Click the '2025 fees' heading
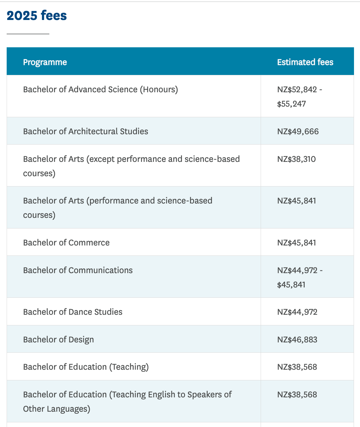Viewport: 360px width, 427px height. tap(37, 16)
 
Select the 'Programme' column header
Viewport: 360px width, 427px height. tap(45, 62)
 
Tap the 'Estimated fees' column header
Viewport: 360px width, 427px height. tap(305, 62)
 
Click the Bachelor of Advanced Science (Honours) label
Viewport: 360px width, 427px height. tap(100, 90)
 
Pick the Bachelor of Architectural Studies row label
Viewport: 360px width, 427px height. tap(86, 132)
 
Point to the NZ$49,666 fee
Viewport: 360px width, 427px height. tap(298, 132)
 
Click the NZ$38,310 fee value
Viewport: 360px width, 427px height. tap(296, 159)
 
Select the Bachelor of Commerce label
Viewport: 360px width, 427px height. tap(66, 243)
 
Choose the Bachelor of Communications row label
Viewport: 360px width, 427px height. tap(78, 270)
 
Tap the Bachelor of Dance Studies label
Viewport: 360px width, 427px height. tap(73, 312)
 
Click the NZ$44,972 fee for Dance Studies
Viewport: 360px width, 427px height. tap(297, 312)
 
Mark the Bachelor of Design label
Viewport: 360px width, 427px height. tap(58, 340)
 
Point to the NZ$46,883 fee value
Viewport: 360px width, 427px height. tap(297, 340)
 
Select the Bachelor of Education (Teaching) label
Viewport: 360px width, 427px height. tap(86, 367)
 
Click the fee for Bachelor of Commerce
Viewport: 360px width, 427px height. tap(296, 243)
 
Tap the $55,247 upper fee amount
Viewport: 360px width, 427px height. tap(291, 104)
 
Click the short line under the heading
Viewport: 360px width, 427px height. tap(28, 34)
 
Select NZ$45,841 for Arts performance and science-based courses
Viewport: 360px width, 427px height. tap(296, 201)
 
